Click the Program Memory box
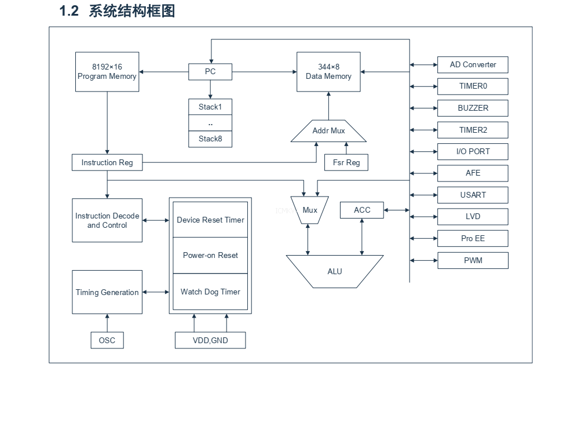point(107,72)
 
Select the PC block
point(210,72)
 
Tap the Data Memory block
point(328,72)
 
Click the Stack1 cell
point(210,107)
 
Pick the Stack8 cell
point(210,139)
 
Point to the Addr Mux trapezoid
point(328,132)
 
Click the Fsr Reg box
point(346,163)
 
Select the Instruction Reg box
point(107,163)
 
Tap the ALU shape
point(335,271)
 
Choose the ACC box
point(362,210)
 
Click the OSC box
point(107,340)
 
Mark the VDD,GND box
point(210,340)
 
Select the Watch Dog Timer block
point(210,292)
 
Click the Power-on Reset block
point(210,256)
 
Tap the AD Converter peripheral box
point(473,65)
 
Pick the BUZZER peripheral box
point(473,108)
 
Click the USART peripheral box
point(473,195)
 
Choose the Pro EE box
point(473,239)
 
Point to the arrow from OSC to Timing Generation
point(107,323)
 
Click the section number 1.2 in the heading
point(69,11)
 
